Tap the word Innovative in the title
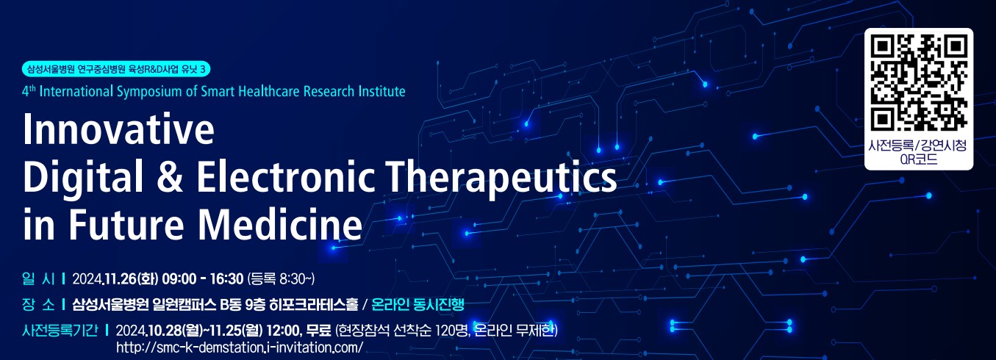click(x=119, y=129)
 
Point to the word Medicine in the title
click(x=280, y=223)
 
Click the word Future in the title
click(x=126, y=224)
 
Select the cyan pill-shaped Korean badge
click(x=115, y=69)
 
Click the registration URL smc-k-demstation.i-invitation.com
click(x=240, y=347)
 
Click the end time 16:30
click(x=227, y=279)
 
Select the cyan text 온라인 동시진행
click(x=418, y=304)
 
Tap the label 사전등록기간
click(x=60, y=330)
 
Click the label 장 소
click(x=38, y=304)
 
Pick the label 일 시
click(x=38, y=279)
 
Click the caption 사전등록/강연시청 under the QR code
click(x=918, y=145)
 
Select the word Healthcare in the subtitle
click(x=269, y=91)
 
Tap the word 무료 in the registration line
click(x=318, y=330)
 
